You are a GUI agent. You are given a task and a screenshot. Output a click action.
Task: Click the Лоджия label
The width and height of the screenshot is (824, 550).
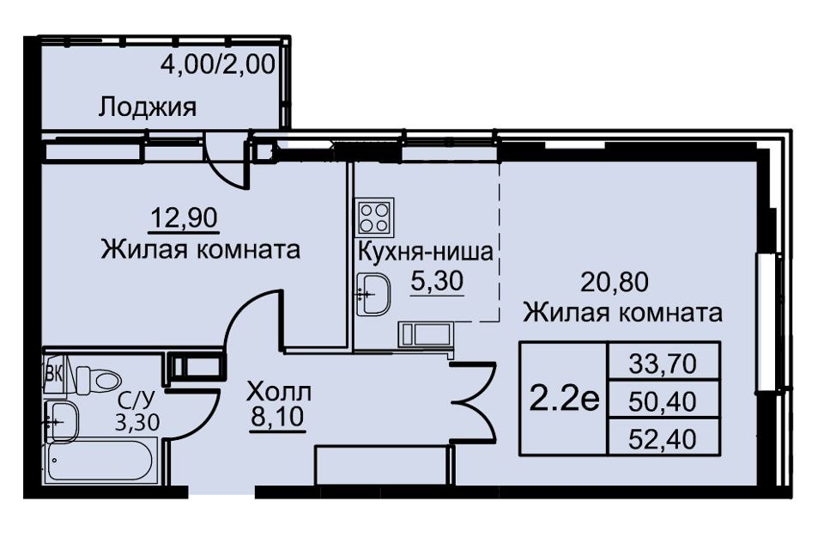point(148,108)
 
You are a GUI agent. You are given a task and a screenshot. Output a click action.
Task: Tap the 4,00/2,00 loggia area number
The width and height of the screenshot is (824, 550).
point(217,65)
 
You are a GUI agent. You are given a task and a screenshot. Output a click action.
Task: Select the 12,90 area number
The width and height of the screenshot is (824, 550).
point(184,217)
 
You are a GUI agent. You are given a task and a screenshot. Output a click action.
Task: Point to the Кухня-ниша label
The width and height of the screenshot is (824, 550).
point(426,252)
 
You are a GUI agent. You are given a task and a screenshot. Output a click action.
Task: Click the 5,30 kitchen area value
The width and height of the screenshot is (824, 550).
point(437,282)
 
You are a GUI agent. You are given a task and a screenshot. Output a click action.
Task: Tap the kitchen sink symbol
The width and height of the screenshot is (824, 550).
point(373,294)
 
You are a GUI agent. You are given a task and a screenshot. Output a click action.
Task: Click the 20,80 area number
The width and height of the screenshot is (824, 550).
point(615,282)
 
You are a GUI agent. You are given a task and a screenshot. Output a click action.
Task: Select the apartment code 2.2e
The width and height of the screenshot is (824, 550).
point(564,400)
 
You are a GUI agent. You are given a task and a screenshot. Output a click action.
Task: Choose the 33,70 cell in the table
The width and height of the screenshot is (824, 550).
point(663,364)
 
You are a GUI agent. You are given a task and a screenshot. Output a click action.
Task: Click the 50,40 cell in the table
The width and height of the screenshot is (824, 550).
point(663,401)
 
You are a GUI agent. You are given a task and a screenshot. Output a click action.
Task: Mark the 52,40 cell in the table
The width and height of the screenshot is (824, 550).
point(663,439)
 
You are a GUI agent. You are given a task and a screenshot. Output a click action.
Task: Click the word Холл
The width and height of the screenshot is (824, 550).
point(279,392)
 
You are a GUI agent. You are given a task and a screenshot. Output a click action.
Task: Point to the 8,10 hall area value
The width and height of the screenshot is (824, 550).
point(277,418)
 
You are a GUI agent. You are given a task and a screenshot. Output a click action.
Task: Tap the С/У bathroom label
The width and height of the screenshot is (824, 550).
point(136,401)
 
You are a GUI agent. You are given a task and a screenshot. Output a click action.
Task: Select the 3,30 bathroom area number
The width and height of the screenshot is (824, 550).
point(137,422)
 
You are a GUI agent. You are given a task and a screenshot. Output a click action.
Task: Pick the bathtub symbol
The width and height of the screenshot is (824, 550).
point(100,461)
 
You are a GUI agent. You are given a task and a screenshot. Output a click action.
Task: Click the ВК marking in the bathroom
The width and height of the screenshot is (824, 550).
point(53,374)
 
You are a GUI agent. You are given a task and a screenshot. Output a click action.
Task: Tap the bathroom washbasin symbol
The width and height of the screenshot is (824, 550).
point(62,422)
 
